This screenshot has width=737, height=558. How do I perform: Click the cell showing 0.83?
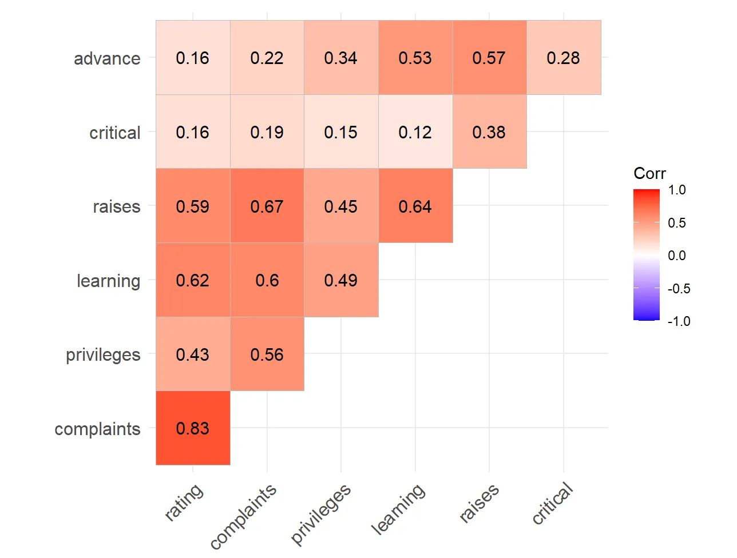(x=193, y=428)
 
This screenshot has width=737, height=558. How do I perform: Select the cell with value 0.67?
(x=267, y=206)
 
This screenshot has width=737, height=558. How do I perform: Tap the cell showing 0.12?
(x=415, y=132)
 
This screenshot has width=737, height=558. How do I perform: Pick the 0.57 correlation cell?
(x=489, y=58)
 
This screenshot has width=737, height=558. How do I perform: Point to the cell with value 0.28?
(x=564, y=58)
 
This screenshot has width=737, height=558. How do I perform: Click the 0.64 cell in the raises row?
(x=415, y=206)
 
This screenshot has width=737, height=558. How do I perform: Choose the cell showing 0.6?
(x=267, y=280)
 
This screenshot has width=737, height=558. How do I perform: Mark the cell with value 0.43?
(x=193, y=354)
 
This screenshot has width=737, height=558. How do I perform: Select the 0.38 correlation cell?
(x=489, y=132)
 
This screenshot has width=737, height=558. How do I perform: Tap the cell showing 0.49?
(x=341, y=280)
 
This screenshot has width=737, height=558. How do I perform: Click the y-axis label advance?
(x=107, y=58)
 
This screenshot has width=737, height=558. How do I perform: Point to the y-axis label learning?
(x=108, y=281)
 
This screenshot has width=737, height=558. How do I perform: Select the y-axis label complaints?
(x=97, y=429)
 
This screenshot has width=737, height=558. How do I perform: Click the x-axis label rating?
(x=184, y=502)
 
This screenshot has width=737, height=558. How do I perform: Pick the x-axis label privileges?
(x=322, y=513)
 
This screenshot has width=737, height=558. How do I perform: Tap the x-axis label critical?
(x=553, y=503)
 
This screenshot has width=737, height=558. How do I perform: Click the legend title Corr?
(x=649, y=173)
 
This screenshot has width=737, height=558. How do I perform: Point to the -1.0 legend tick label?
(x=678, y=321)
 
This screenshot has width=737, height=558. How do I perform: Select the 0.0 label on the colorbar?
(x=676, y=256)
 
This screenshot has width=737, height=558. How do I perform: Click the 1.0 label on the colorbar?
(x=676, y=190)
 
